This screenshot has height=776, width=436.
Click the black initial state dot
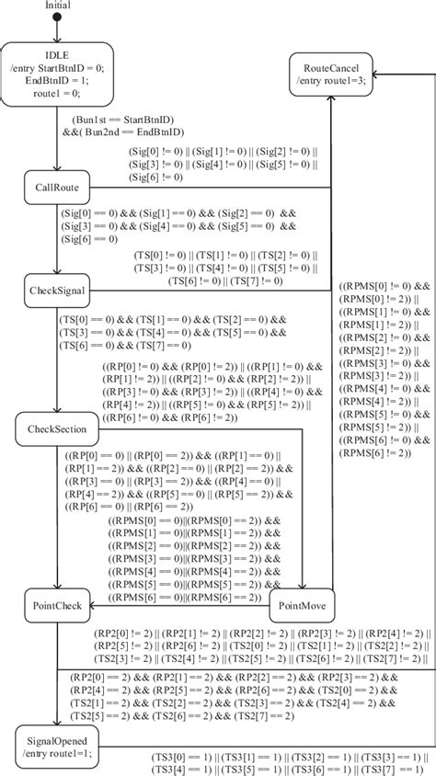click(x=57, y=17)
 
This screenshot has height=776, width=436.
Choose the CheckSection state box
click(x=57, y=429)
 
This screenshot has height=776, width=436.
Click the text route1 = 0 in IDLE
click(x=57, y=94)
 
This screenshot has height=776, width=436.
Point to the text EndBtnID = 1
click(x=57, y=81)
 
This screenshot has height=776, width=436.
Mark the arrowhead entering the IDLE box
click(x=57, y=40)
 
